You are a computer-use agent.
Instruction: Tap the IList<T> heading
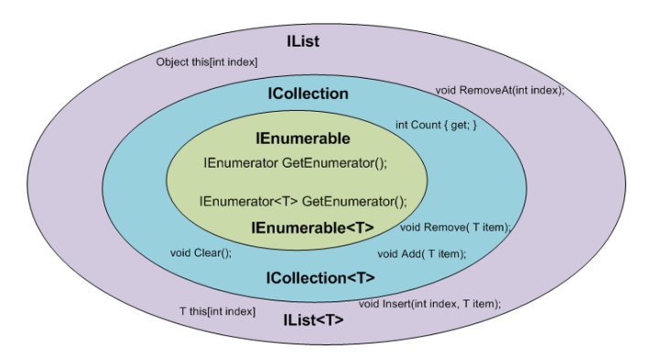(311, 320)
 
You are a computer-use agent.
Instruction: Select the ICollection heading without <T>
(308, 93)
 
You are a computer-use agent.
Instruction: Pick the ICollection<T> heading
(320, 277)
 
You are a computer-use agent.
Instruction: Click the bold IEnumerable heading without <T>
(302, 139)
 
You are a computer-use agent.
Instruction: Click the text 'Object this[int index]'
(207, 61)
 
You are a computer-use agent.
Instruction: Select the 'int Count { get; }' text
(437, 124)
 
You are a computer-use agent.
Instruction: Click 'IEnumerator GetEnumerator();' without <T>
(295, 163)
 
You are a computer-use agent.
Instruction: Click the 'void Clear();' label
(201, 252)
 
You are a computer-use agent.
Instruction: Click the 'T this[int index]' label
(217, 311)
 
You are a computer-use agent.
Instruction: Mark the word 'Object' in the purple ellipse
(173, 61)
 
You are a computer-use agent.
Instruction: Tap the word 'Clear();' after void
(212, 252)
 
